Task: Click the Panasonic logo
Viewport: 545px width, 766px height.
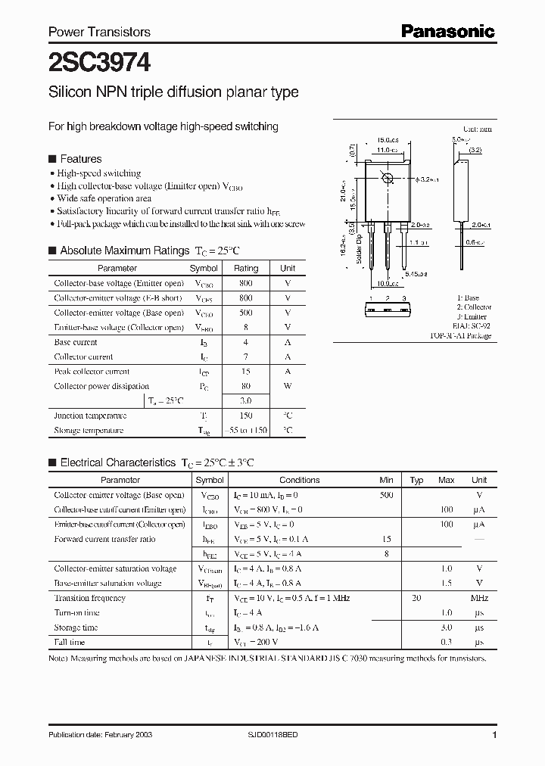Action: pyautogui.click(x=447, y=31)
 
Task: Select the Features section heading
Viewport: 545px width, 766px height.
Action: pyautogui.click(x=80, y=159)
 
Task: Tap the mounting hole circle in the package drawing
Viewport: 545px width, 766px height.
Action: pyautogui.click(x=388, y=179)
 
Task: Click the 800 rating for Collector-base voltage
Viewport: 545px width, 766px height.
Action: pyautogui.click(x=245, y=283)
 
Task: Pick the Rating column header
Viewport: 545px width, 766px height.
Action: pyautogui.click(x=245, y=268)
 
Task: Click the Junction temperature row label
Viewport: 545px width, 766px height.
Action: pyautogui.click(x=90, y=416)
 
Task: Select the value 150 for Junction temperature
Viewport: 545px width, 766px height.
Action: pyautogui.click(x=245, y=416)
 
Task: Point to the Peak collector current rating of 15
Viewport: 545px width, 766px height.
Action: pyautogui.click(x=245, y=372)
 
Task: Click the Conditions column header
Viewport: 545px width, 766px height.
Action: pyautogui.click(x=299, y=480)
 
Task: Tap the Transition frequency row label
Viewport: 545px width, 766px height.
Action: pyautogui.click(x=89, y=598)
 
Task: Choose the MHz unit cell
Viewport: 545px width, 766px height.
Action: pyautogui.click(x=478, y=598)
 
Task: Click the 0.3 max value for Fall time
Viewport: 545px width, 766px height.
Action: pyautogui.click(x=446, y=642)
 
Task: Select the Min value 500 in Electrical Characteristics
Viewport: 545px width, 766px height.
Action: pyautogui.click(x=386, y=494)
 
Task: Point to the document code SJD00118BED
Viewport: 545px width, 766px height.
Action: pyautogui.click(x=279, y=736)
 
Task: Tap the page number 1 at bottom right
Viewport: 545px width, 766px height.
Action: pyautogui.click(x=494, y=736)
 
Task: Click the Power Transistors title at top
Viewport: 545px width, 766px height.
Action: pyautogui.click(x=99, y=32)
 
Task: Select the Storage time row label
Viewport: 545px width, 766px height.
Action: pyautogui.click(x=76, y=627)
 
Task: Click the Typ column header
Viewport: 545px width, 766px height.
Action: pyautogui.click(x=416, y=480)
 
